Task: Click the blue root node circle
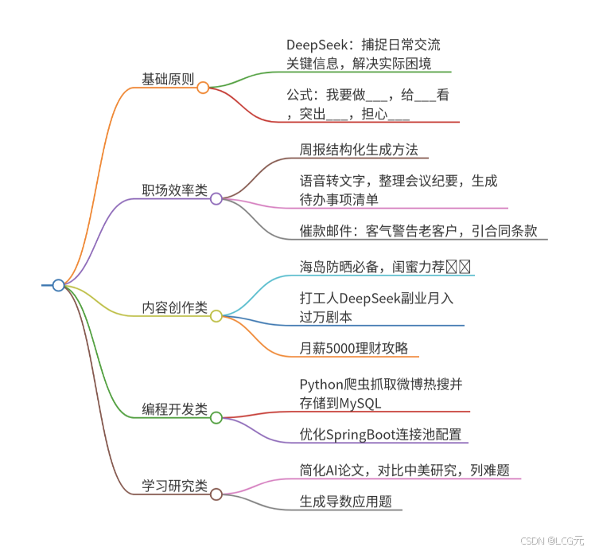coord(58,285)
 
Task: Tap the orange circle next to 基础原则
coord(203,88)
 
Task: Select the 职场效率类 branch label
coord(174,190)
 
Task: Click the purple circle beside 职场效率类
coord(216,198)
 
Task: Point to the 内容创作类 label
coord(174,307)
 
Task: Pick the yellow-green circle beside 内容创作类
coord(216,316)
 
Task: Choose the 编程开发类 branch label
coord(174,409)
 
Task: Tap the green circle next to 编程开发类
coord(216,417)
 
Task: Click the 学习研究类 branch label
coord(174,485)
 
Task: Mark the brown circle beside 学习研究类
coord(216,494)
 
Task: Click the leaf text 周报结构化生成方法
coord(352,149)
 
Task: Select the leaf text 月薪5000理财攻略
coord(353,348)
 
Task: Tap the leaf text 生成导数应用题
coord(345,501)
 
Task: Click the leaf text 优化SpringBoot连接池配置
coord(380,434)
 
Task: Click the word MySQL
coord(360,403)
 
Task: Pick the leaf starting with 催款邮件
coord(418,231)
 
